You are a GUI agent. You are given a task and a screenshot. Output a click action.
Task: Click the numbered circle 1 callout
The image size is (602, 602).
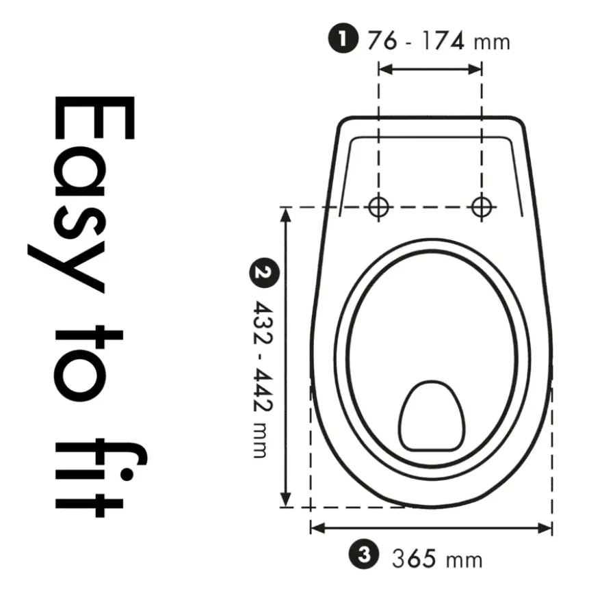343,38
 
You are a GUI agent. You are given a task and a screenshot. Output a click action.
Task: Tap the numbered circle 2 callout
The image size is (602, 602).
265,272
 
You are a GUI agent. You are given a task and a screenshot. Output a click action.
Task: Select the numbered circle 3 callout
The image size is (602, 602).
363,555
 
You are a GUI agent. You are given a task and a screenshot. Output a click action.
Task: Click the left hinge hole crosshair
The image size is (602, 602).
378,207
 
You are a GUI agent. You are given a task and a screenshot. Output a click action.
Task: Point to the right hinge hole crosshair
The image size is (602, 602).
482,207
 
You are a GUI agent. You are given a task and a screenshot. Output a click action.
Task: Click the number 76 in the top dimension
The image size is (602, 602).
382,40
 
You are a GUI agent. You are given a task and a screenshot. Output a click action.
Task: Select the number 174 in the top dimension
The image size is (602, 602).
443,40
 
